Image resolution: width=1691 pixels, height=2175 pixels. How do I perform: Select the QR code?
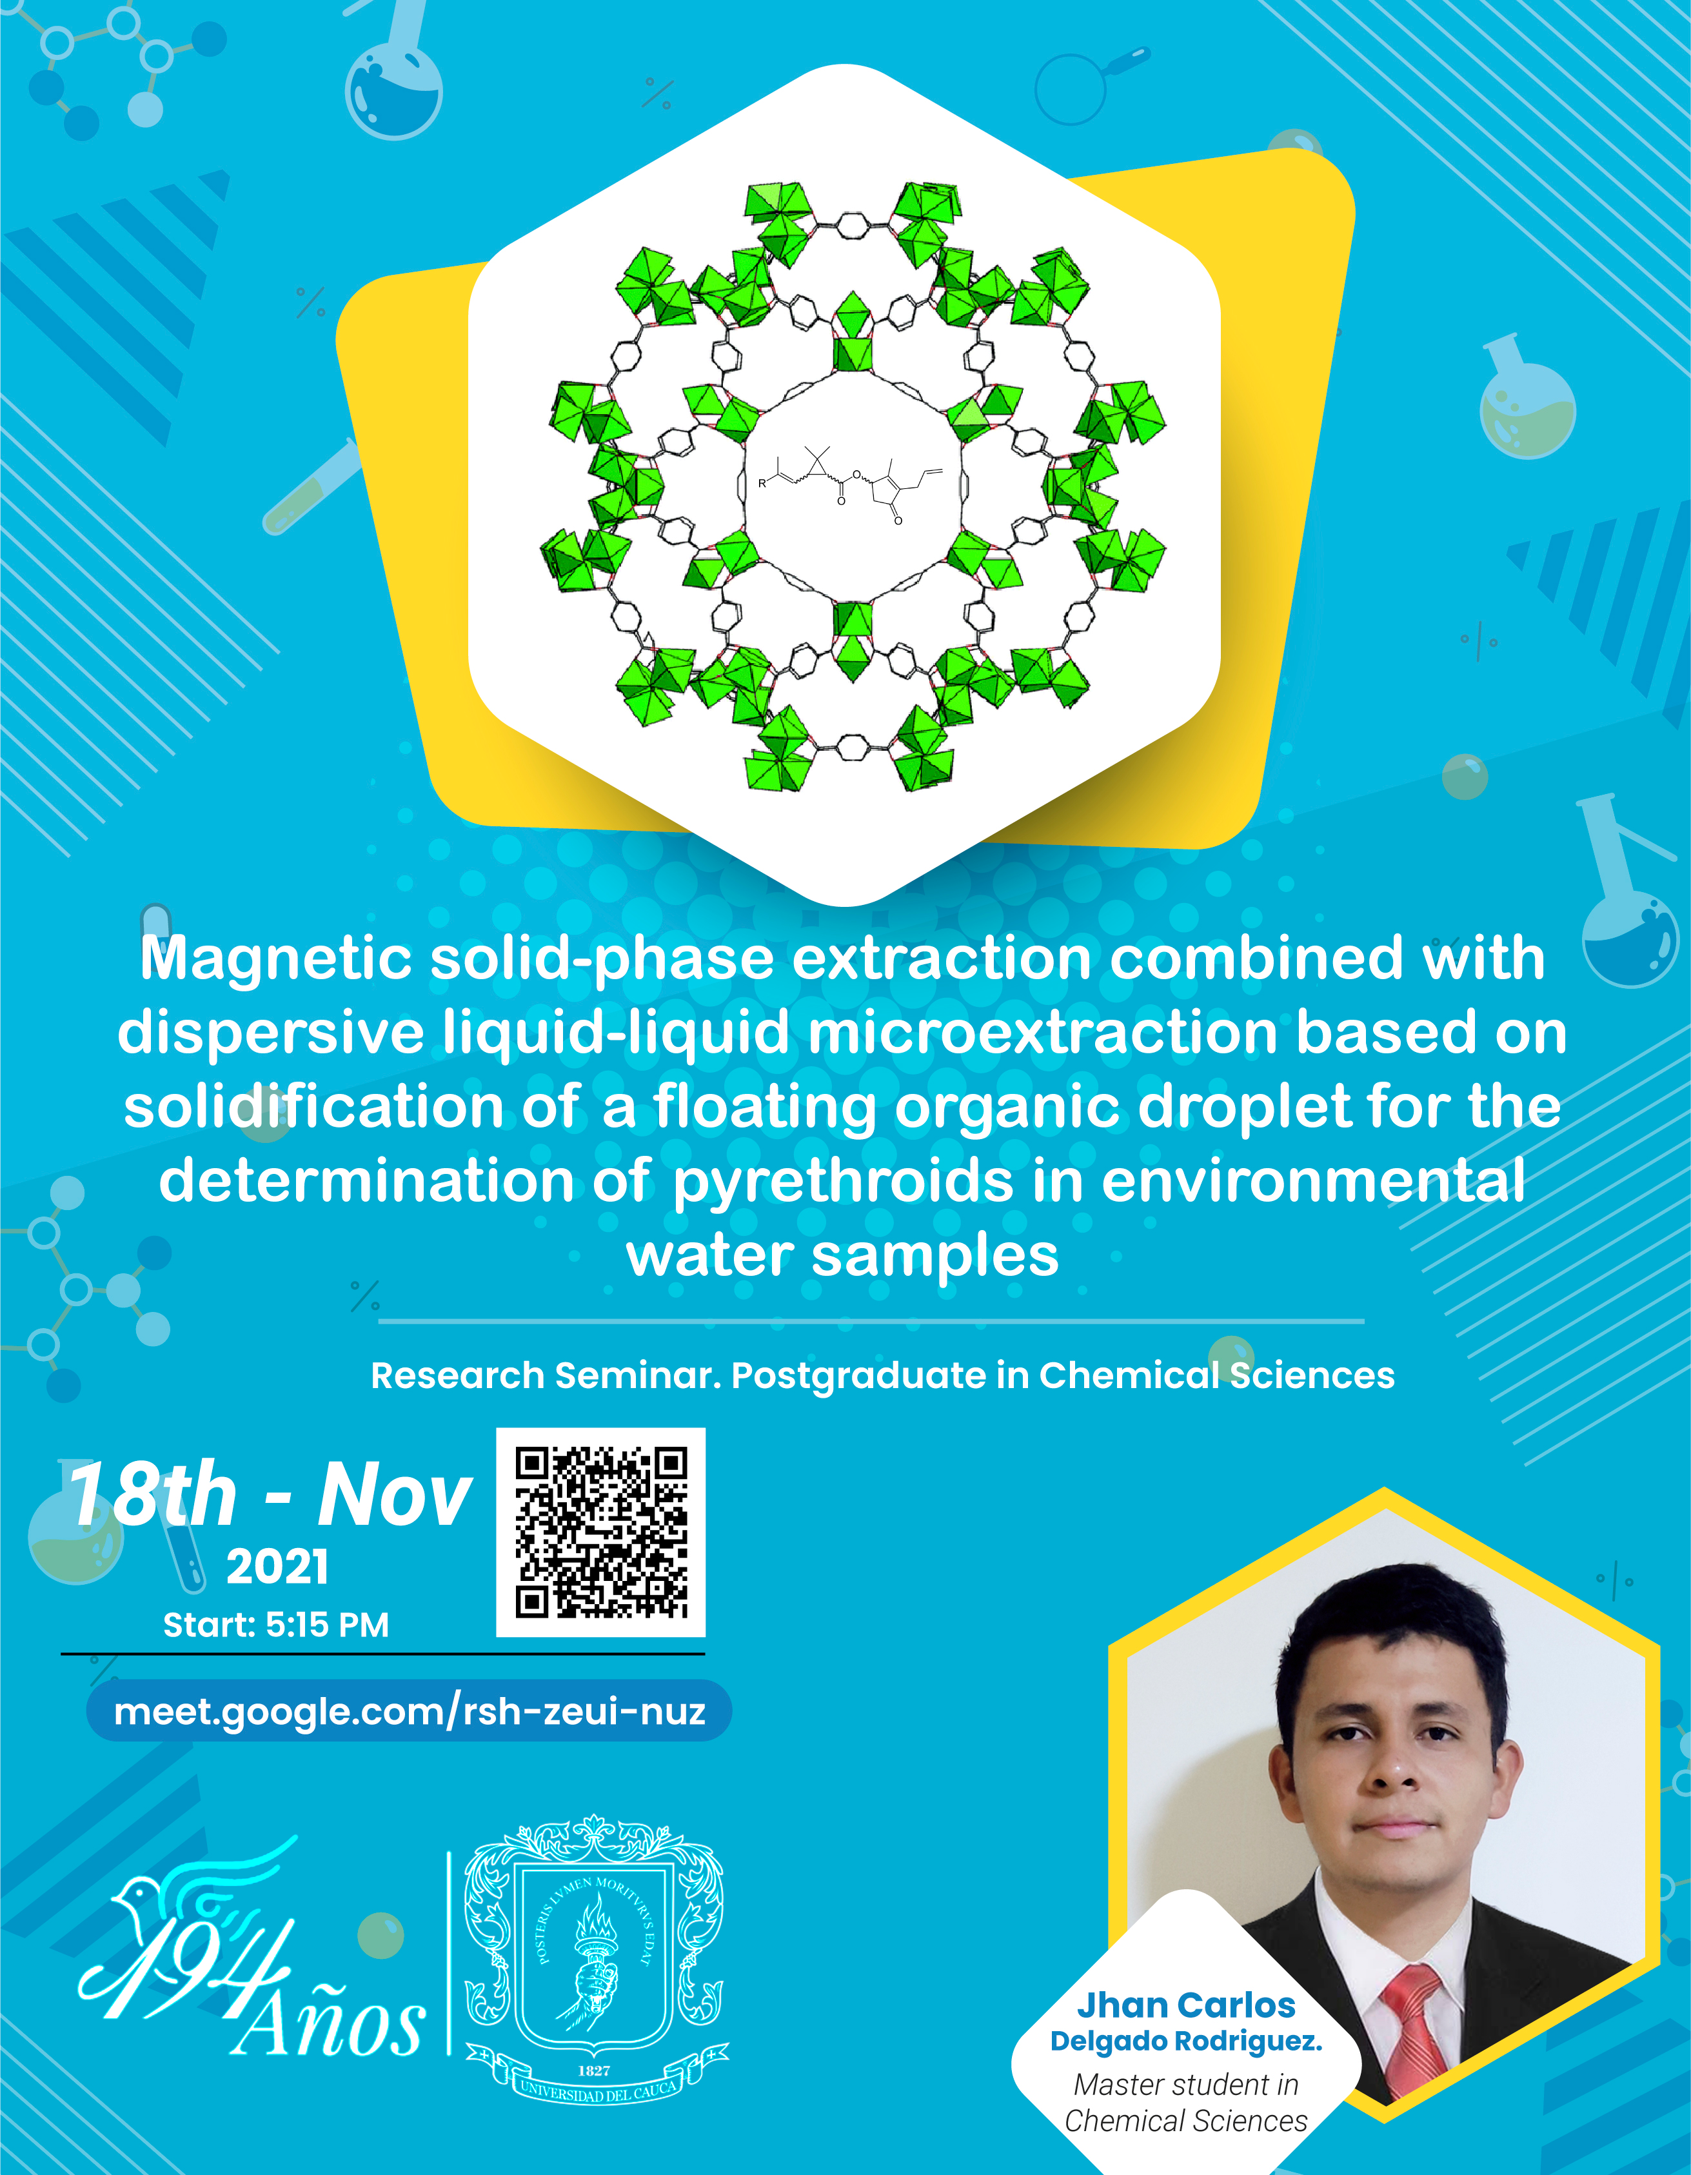pos(600,1532)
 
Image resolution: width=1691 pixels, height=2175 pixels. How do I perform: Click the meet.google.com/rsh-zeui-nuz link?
pos(410,1711)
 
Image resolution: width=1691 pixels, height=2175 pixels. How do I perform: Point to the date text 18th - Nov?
pos(269,1494)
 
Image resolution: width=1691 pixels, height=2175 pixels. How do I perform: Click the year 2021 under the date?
pos(277,1567)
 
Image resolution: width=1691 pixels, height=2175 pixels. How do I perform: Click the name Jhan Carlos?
pos(1186,2005)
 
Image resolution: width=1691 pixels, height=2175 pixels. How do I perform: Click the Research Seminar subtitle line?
pos(882,1375)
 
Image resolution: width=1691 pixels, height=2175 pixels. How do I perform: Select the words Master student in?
pos(1186,2085)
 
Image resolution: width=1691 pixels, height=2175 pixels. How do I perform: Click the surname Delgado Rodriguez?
pos(1186,2041)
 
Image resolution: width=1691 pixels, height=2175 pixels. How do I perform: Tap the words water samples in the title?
pos(842,1256)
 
